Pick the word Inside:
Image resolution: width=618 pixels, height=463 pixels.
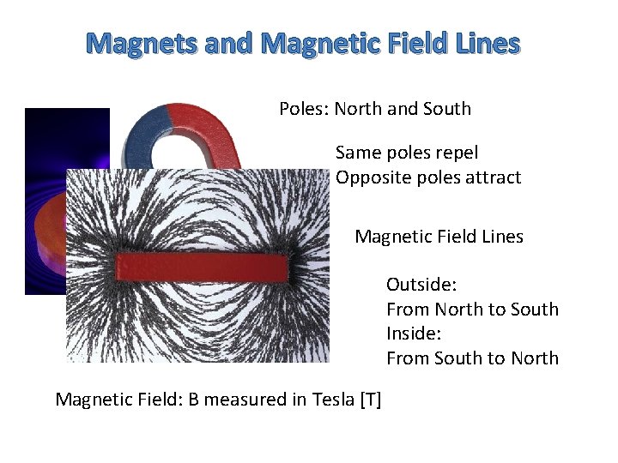413,334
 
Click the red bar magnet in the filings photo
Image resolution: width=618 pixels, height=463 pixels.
198,268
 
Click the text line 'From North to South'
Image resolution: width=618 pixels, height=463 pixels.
472,310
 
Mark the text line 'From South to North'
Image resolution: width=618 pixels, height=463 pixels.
472,358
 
